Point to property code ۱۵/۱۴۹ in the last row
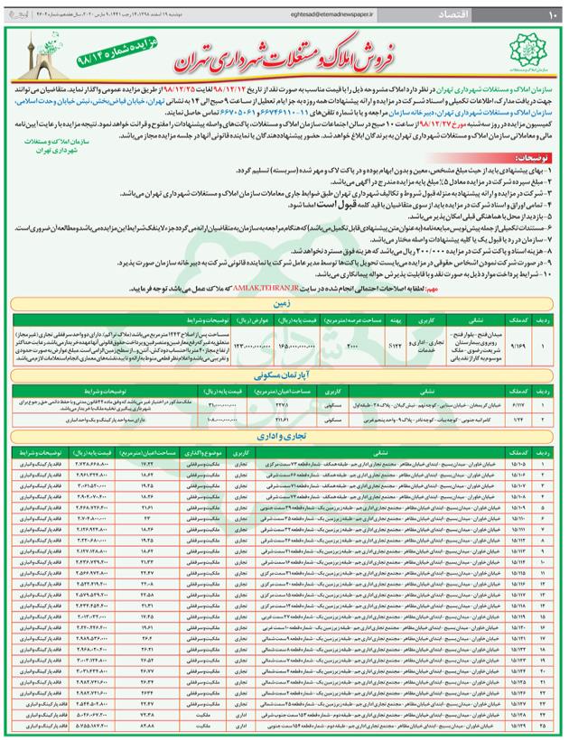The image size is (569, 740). [518, 725]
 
